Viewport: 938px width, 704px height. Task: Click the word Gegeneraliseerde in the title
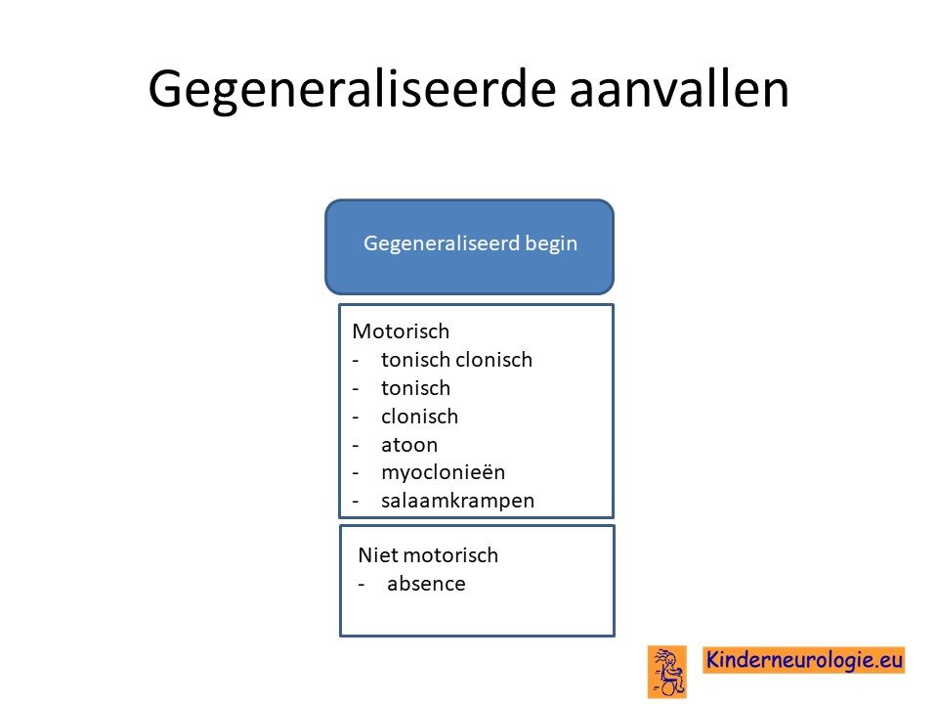click(x=353, y=91)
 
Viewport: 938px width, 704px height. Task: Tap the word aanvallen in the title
click(x=679, y=89)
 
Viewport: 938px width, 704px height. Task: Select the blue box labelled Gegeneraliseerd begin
click(x=470, y=246)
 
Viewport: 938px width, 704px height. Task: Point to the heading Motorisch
click(x=401, y=331)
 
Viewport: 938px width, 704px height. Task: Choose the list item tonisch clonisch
click(x=456, y=360)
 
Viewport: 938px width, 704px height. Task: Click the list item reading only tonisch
click(x=416, y=388)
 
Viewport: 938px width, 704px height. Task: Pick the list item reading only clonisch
click(x=419, y=417)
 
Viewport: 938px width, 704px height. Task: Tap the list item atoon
click(x=409, y=445)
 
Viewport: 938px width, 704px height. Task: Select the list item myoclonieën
click(x=444, y=473)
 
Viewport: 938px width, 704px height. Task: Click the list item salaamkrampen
click(x=457, y=501)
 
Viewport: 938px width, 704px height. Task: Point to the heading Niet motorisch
click(x=428, y=555)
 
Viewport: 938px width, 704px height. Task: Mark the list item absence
click(x=426, y=584)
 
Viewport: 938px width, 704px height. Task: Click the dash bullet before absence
click(x=362, y=585)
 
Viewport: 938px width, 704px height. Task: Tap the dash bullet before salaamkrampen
click(x=356, y=502)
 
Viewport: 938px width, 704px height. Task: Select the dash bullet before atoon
click(x=356, y=446)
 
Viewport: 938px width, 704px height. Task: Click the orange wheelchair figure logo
click(x=667, y=672)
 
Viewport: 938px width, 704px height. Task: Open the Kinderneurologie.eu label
click(x=804, y=660)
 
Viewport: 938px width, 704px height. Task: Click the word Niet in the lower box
click(x=377, y=555)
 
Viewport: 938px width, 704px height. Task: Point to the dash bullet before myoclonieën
click(x=356, y=474)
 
